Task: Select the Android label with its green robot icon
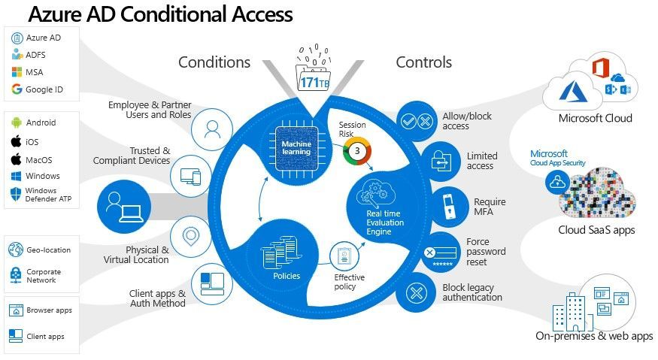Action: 33,123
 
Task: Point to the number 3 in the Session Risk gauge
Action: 359,150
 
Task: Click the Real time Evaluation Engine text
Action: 384,222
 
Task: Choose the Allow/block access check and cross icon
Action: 416,121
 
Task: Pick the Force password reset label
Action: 486,252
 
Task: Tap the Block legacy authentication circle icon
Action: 417,292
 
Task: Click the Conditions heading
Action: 214,62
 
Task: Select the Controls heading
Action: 423,62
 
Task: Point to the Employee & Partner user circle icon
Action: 212,128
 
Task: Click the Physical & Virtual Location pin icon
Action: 191,236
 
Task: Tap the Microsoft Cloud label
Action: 595,118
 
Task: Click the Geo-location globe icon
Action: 16,250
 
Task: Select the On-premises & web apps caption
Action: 594,337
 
